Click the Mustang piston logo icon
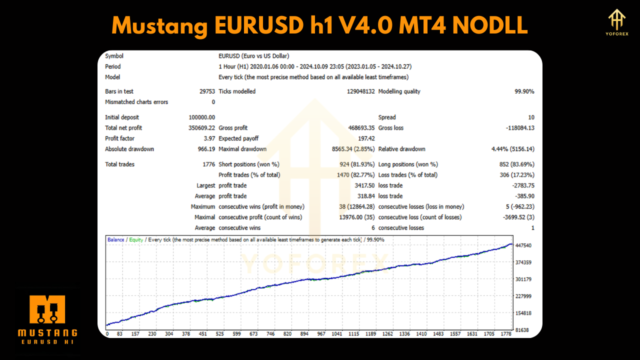[x=47, y=310]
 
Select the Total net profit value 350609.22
[x=198, y=128]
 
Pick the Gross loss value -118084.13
[x=520, y=128]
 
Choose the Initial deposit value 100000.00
[x=198, y=117]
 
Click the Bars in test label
[x=119, y=91]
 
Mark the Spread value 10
[x=531, y=117]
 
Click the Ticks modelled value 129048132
[x=360, y=91]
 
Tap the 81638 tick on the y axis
[x=522, y=330]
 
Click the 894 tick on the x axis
[x=304, y=334]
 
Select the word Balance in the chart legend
[x=115, y=240]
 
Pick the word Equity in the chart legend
[x=136, y=240]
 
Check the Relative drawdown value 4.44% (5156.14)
[x=513, y=149]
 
